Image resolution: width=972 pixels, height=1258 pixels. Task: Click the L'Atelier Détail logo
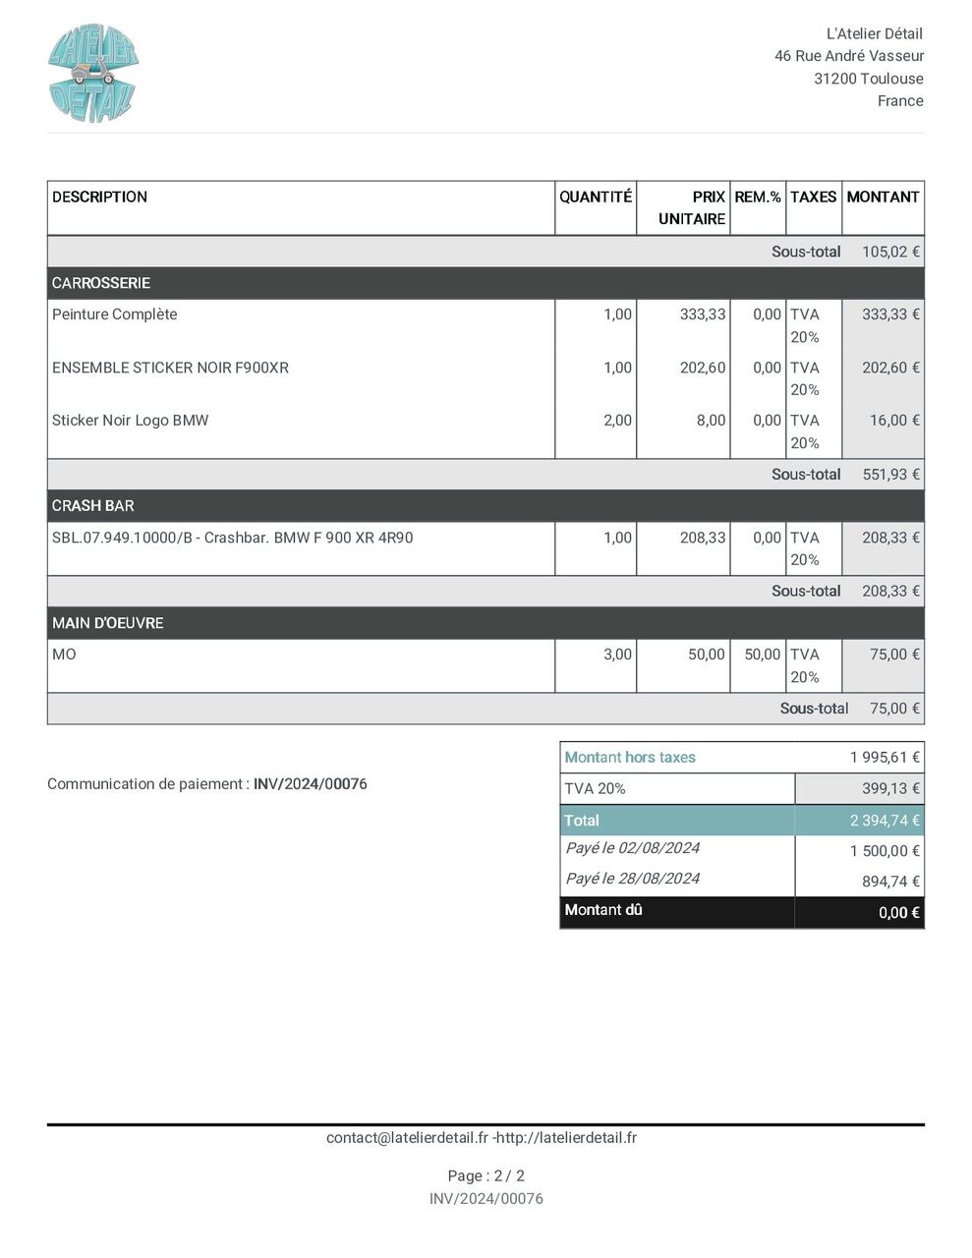coord(93,74)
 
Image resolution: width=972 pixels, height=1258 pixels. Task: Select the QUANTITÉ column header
coord(596,197)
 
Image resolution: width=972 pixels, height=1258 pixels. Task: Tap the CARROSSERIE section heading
coord(101,283)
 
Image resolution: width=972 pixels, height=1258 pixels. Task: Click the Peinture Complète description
coord(115,314)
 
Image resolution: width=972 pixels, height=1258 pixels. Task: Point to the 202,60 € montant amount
coord(890,368)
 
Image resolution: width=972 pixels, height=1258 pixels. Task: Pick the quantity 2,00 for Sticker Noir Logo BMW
coord(617,421)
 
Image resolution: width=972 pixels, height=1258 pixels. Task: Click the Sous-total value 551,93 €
coord(890,475)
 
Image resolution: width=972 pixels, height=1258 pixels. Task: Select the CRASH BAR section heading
coord(93,506)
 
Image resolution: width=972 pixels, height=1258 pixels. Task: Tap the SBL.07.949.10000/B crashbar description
coord(232,538)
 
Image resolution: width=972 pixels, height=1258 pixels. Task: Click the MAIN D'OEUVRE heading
coord(108,623)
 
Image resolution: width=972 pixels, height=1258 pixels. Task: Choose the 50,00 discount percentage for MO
coord(762,655)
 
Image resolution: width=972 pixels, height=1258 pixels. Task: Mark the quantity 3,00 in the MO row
coord(617,655)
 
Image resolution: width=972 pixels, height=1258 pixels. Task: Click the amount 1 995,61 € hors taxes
coord(885,758)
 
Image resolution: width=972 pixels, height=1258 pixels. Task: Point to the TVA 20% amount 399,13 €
coord(890,789)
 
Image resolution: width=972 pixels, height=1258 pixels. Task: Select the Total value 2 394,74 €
coord(885,821)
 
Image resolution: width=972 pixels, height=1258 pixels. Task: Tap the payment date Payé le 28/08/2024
coord(632,879)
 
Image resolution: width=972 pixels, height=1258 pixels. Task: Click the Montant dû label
coord(603,910)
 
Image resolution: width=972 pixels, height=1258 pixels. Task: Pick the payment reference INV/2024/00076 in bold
coord(311,784)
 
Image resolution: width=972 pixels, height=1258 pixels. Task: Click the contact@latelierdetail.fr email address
coord(407,1138)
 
